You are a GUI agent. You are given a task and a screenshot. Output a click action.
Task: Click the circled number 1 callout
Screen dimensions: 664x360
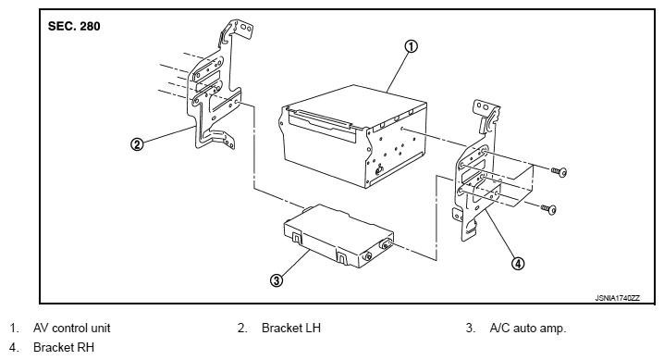pyautogui.click(x=411, y=45)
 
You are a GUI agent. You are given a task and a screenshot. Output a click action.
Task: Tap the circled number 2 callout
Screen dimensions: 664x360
pyautogui.click(x=137, y=144)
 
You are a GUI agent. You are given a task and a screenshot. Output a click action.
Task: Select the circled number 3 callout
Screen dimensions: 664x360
pyautogui.click(x=277, y=280)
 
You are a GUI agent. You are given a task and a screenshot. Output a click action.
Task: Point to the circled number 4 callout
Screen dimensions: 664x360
pyautogui.click(x=518, y=264)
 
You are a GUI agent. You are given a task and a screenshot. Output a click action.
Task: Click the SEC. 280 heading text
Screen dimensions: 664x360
pyautogui.click(x=74, y=26)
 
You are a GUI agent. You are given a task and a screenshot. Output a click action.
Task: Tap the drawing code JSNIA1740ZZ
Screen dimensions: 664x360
pyautogui.click(x=618, y=298)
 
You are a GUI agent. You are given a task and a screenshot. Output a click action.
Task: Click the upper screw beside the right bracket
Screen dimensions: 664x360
pyautogui.click(x=559, y=171)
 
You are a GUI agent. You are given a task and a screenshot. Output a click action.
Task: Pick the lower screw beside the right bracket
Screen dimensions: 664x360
pyautogui.click(x=548, y=209)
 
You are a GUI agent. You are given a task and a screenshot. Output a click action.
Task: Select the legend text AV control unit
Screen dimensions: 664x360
pyautogui.click(x=71, y=328)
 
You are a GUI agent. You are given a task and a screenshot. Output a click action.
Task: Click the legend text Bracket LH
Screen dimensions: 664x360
pyautogui.click(x=291, y=328)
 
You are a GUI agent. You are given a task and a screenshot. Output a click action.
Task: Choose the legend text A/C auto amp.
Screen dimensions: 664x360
pyautogui.click(x=528, y=328)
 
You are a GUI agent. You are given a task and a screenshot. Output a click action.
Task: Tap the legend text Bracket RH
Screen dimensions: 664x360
pyautogui.click(x=64, y=347)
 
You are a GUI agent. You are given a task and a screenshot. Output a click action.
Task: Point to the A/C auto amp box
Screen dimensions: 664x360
pyautogui.click(x=338, y=236)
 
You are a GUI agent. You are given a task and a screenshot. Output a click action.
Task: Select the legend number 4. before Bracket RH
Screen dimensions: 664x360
pyautogui.click(x=14, y=347)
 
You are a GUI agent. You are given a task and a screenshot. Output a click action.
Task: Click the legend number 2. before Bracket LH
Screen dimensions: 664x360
pyautogui.click(x=242, y=328)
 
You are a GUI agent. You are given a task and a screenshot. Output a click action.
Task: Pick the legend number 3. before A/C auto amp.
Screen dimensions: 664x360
pyautogui.click(x=471, y=328)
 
